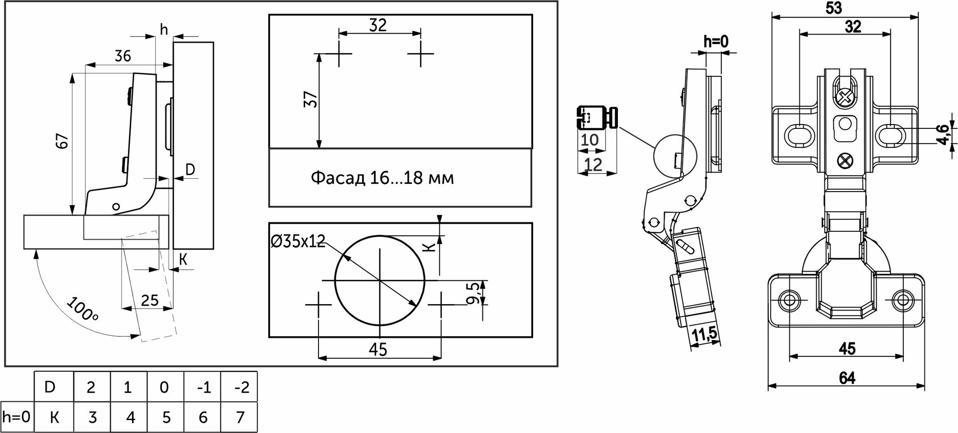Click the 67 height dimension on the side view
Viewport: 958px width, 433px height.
click(x=63, y=141)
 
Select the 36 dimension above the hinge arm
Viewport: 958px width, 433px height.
click(x=123, y=56)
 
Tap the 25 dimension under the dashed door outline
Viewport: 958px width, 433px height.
click(x=150, y=300)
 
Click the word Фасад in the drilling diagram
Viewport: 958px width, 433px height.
click(x=338, y=178)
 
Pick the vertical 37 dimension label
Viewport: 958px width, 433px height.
click(x=311, y=99)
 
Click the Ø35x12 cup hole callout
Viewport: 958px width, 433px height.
click(x=298, y=241)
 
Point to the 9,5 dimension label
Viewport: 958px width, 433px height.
click(x=473, y=293)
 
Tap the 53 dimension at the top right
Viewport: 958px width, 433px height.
click(x=834, y=8)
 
